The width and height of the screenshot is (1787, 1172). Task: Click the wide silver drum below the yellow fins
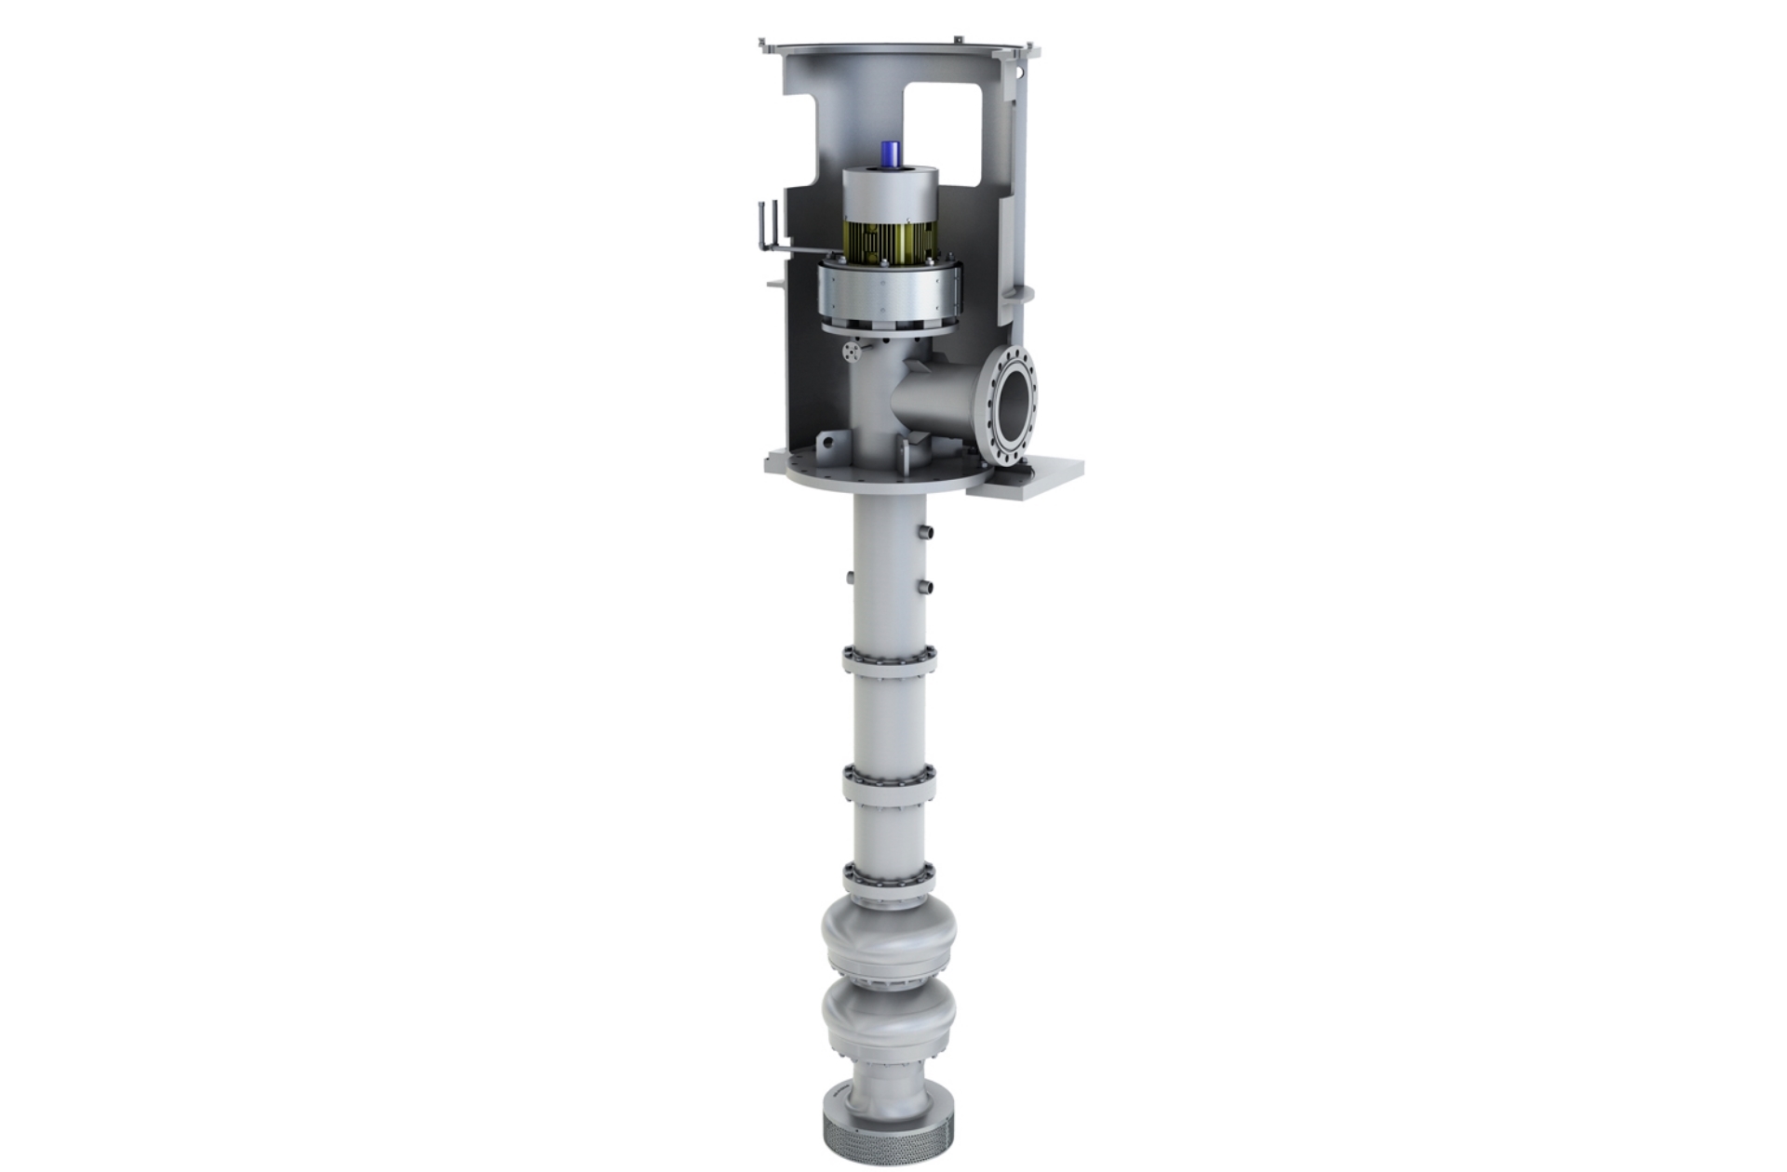pyautogui.click(x=890, y=294)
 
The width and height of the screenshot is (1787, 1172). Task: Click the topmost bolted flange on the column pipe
pyautogui.click(x=889, y=661)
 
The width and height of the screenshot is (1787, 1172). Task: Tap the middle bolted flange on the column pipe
pyautogui.click(x=888, y=780)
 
